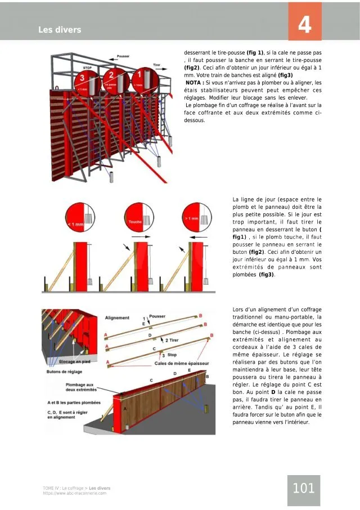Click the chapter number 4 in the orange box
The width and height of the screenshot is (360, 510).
(x=305, y=25)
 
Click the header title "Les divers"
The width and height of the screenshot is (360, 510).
(x=60, y=29)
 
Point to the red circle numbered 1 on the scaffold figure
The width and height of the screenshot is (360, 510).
(x=143, y=78)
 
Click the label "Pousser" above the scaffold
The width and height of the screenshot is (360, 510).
(x=123, y=57)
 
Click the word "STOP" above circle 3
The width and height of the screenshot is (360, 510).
(x=87, y=68)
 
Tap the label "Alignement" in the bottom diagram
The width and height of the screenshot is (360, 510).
(x=117, y=318)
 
